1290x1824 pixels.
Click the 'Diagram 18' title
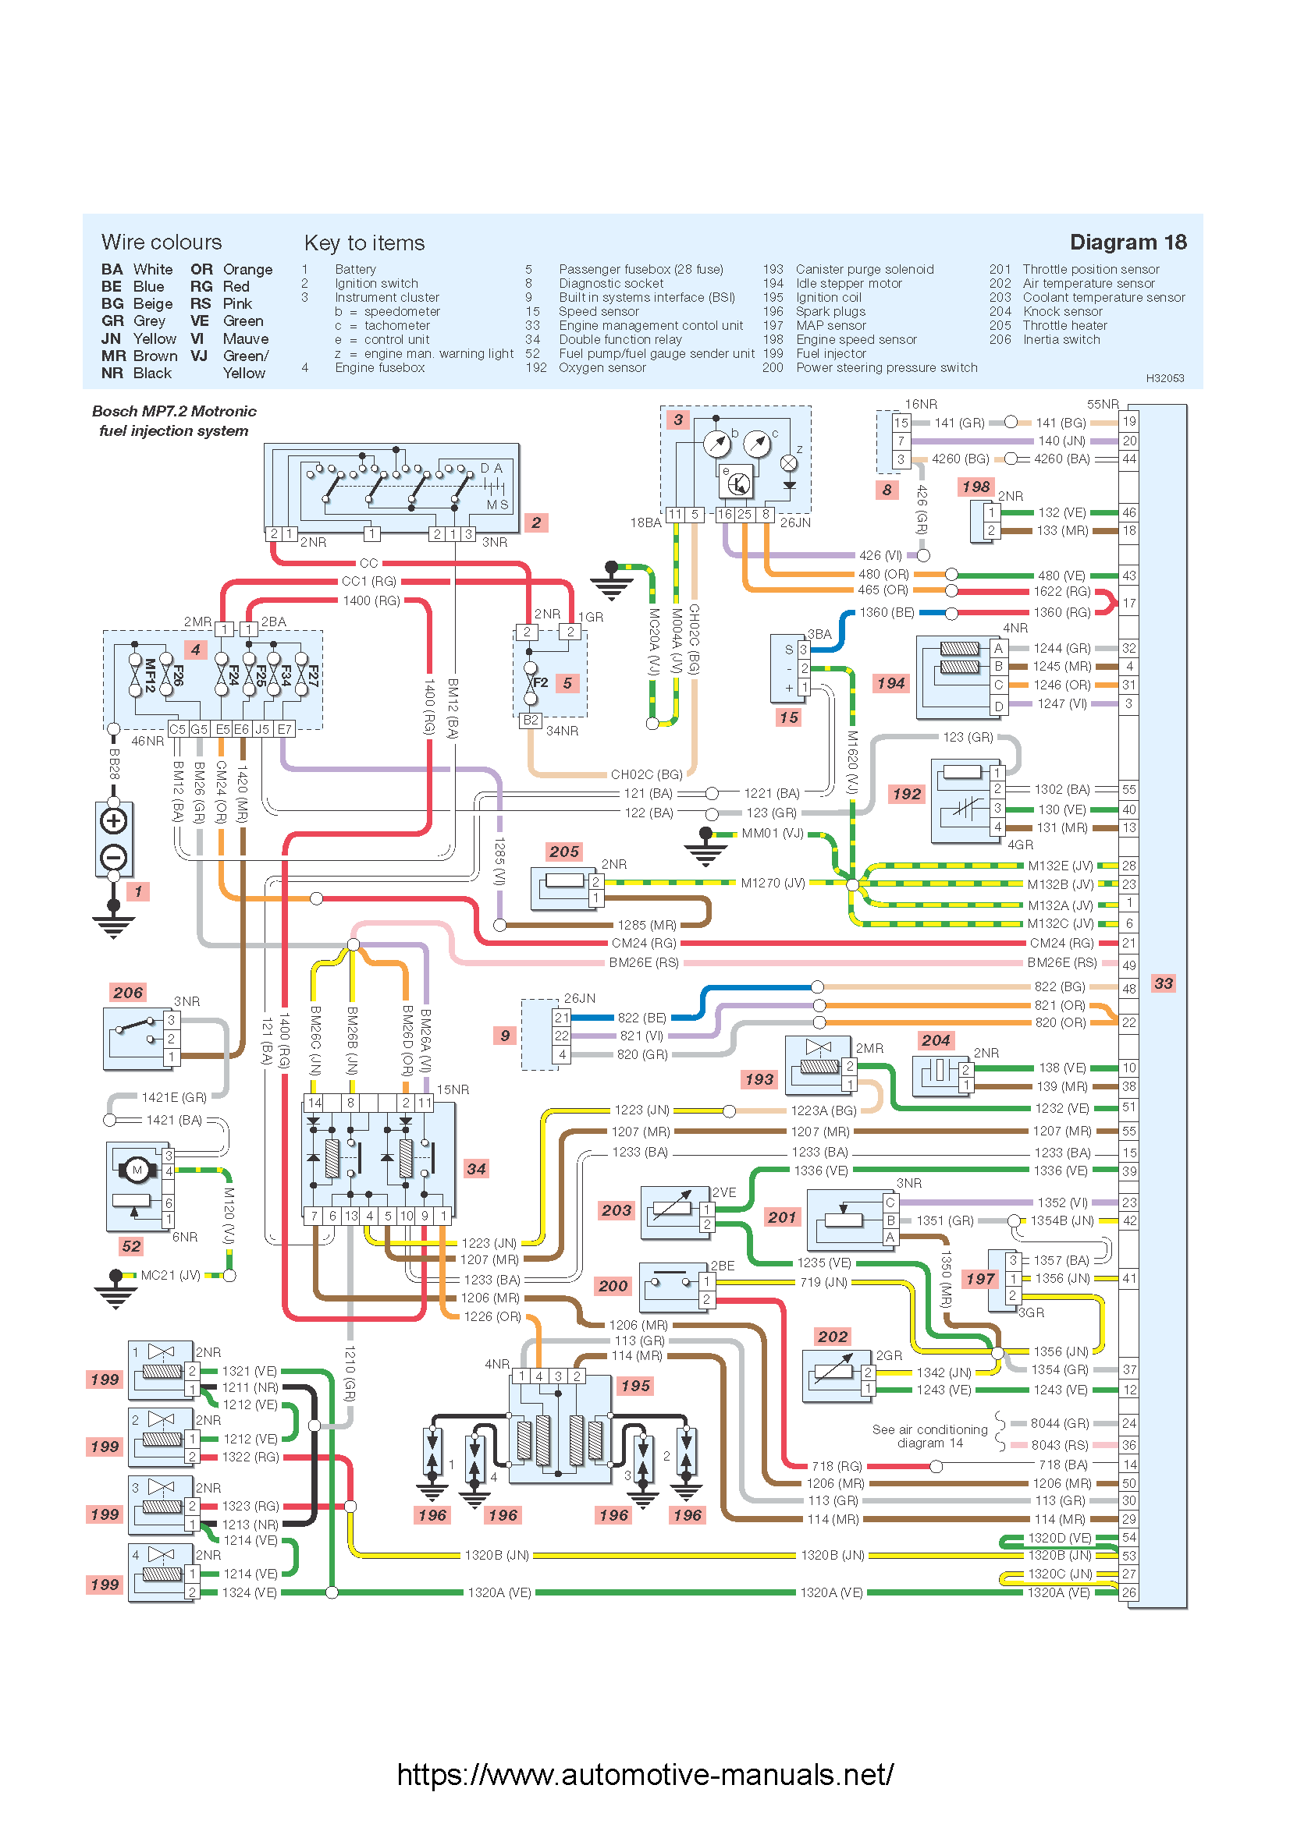point(1127,243)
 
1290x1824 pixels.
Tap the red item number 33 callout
point(1163,983)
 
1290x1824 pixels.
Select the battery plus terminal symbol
point(114,820)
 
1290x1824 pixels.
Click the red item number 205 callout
point(563,852)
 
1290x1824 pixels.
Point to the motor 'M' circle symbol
point(137,1170)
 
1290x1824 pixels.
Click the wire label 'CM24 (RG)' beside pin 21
point(1061,943)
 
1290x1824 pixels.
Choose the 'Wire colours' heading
point(162,243)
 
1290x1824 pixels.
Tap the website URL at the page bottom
point(645,1774)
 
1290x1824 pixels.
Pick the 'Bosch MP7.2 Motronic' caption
point(174,412)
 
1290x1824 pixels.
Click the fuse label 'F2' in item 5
point(541,682)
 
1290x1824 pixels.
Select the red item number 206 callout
point(128,992)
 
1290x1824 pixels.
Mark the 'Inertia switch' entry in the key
point(1061,339)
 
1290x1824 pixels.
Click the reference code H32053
point(1164,378)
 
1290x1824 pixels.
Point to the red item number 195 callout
point(635,1386)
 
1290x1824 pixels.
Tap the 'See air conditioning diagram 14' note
point(929,1436)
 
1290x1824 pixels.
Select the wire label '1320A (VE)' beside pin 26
point(1058,1592)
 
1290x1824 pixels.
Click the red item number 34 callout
point(476,1169)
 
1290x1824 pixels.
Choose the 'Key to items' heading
point(364,243)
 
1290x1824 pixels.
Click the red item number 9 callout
point(505,1035)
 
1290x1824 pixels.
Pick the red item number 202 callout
point(832,1337)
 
